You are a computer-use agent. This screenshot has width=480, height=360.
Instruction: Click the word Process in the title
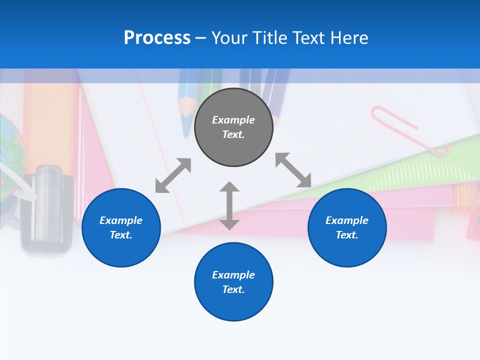pos(157,38)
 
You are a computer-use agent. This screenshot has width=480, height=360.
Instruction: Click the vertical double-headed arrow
pos(229,205)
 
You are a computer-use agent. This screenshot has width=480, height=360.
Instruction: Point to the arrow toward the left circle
pos(173,175)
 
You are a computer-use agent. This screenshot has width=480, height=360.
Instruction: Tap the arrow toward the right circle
pos(293,170)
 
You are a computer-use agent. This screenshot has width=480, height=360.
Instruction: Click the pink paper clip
pos(407,128)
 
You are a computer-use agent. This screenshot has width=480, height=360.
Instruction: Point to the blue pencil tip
pos(186,120)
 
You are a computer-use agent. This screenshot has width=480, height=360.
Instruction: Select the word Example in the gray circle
pos(233,120)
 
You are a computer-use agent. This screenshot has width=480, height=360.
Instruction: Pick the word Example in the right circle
pos(347,220)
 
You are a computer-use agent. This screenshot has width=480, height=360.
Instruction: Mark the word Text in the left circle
pos(120,235)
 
